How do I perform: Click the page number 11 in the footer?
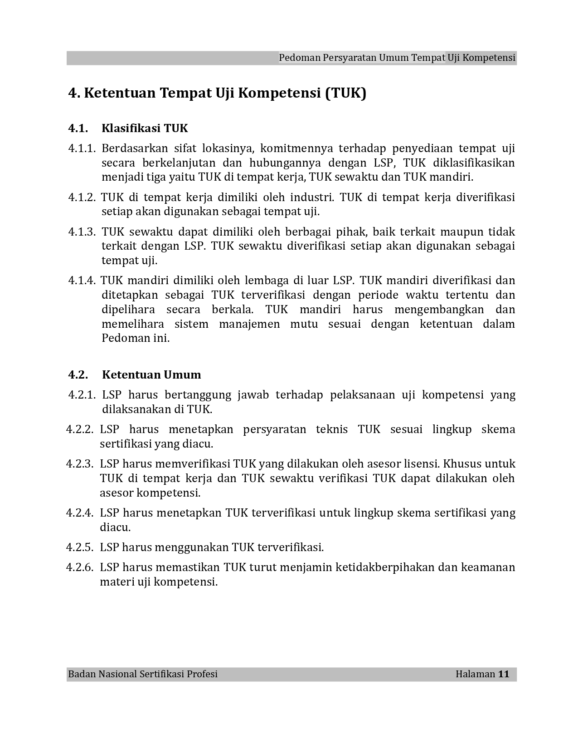(x=504, y=674)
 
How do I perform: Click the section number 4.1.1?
(x=82, y=148)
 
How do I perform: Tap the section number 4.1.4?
(x=82, y=281)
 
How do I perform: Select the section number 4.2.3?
(x=80, y=464)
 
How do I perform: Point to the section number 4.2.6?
(x=80, y=567)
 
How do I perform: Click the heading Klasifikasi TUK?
(x=145, y=128)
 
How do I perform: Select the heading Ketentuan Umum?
(x=151, y=375)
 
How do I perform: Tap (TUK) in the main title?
(x=345, y=93)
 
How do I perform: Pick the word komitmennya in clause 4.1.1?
(x=296, y=148)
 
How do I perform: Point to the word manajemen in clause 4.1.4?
(x=249, y=324)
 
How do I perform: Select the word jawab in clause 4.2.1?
(x=253, y=395)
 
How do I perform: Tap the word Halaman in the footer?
(x=475, y=674)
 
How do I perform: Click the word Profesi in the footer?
(x=201, y=674)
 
